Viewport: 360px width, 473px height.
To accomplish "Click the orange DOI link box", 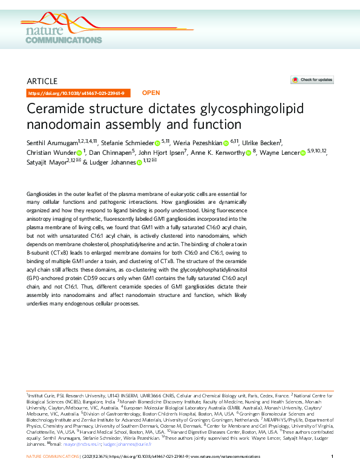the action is point(76,93).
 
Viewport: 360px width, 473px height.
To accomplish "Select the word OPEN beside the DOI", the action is point(151,93).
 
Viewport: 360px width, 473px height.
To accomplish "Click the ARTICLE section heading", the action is point(42,81).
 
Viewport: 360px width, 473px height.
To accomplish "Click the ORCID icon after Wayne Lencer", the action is point(303,153).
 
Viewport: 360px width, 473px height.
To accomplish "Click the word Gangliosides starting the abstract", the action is point(44,193).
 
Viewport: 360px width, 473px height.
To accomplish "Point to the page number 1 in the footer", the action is point(333,455).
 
